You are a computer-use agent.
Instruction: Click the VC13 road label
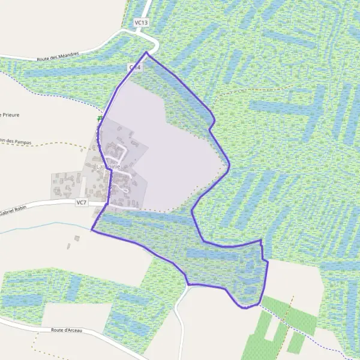[x=141, y=23]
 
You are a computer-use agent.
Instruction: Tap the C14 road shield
[x=134, y=68]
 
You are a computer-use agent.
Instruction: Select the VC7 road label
[x=82, y=203]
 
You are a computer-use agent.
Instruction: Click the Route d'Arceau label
[x=67, y=330]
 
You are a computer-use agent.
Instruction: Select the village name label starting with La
[x=112, y=167]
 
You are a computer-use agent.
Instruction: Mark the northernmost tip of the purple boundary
[x=146, y=53]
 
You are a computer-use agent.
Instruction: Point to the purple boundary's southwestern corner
[x=91, y=229]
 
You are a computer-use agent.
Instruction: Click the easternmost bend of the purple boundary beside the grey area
[x=229, y=165]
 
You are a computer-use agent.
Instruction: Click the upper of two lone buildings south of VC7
[x=77, y=238]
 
